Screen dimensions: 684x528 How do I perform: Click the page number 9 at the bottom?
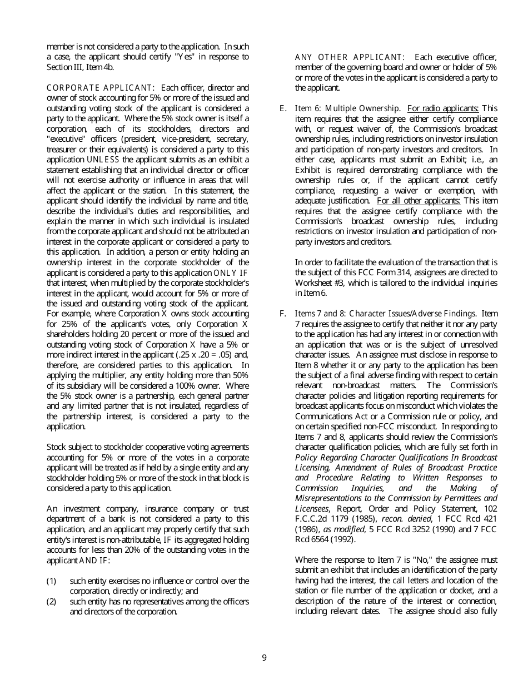pyautogui.click(x=264, y=658)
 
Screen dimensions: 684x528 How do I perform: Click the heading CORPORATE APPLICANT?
pyautogui.click(x=100, y=88)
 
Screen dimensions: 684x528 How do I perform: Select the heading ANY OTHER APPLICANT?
pyautogui.click(x=350, y=57)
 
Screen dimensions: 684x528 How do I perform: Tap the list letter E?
pyautogui.click(x=283, y=108)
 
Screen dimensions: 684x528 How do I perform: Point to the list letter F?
pyautogui.click(x=283, y=314)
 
